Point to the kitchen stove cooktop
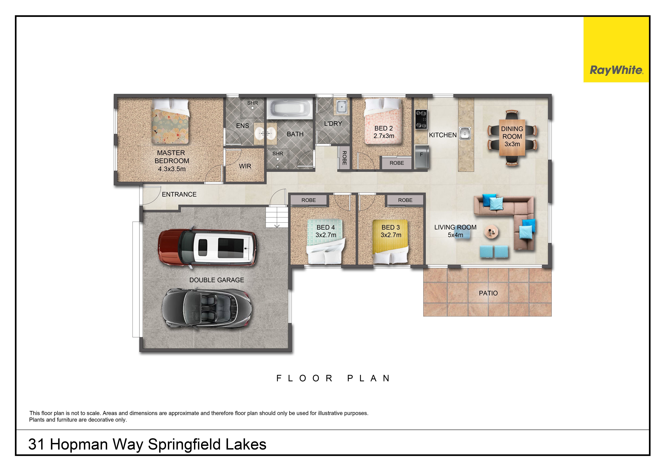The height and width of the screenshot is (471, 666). (x=421, y=119)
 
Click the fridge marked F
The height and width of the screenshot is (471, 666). (x=422, y=157)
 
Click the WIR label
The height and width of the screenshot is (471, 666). (x=245, y=166)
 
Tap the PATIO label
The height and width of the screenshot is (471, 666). (x=488, y=293)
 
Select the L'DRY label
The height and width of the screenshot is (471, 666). (x=333, y=124)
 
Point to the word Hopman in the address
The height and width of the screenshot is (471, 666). (x=79, y=444)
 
